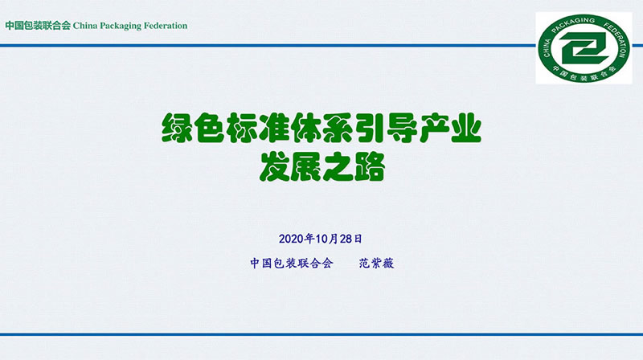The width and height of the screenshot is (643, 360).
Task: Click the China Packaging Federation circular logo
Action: pos(584,48)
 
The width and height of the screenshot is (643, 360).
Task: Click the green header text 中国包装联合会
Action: pos(38,26)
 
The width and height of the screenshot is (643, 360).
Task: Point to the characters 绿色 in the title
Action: pos(193,128)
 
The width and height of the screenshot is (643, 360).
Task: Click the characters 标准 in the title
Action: pos(257,128)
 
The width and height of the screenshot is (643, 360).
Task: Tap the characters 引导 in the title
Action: pos(385,128)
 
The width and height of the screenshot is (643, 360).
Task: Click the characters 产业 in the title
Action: pos(449,128)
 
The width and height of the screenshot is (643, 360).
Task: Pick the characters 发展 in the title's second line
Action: pos(290,167)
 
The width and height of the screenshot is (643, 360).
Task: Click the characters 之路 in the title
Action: pos(354,167)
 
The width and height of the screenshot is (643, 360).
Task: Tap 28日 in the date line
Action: pos(351,239)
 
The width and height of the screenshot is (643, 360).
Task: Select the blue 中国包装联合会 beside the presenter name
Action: pos(292,264)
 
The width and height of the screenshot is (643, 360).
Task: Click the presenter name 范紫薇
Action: pos(376,264)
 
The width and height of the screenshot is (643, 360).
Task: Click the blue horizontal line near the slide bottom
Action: pos(321,334)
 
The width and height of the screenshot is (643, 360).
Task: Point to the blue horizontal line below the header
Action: pos(268,46)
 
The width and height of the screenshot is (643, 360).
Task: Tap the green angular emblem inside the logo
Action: pos(585,48)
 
